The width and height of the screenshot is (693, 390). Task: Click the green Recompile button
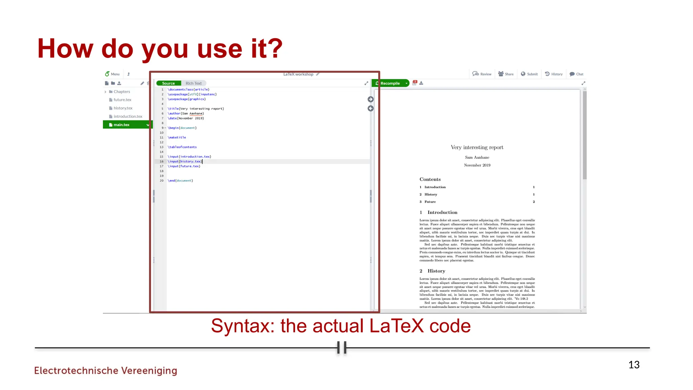pyautogui.click(x=389, y=83)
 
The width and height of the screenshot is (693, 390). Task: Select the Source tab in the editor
pyautogui.click(x=168, y=83)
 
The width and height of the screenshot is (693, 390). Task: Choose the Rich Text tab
pyautogui.click(x=194, y=83)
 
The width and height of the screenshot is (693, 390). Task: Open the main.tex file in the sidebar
pyautogui.click(x=121, y=125)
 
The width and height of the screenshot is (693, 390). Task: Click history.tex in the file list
pyautogui.click(x=123, y=108)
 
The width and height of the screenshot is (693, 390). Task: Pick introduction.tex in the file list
pyautogui.click(x=128, y=116)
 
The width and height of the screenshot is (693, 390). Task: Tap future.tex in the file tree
pyautogui.click(x=122, y=100)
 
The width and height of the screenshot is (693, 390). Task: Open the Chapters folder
pyautogui.click(x=121, y=92)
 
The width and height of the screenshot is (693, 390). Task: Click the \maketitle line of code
pyautogui.click(x=177, y=137)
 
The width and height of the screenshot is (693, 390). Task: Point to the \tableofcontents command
pyautogui.click(x=182, y=147)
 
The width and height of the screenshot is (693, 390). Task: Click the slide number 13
pyautogui.click(x=634, y=365)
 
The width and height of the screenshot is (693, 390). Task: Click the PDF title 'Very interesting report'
pyautogui.click(x=477, y=147)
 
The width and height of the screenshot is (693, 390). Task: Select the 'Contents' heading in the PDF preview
pyautogui.click(x=430, y=179)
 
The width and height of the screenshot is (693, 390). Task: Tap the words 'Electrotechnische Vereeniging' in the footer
pyautogui.click(x=106, y=370)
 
